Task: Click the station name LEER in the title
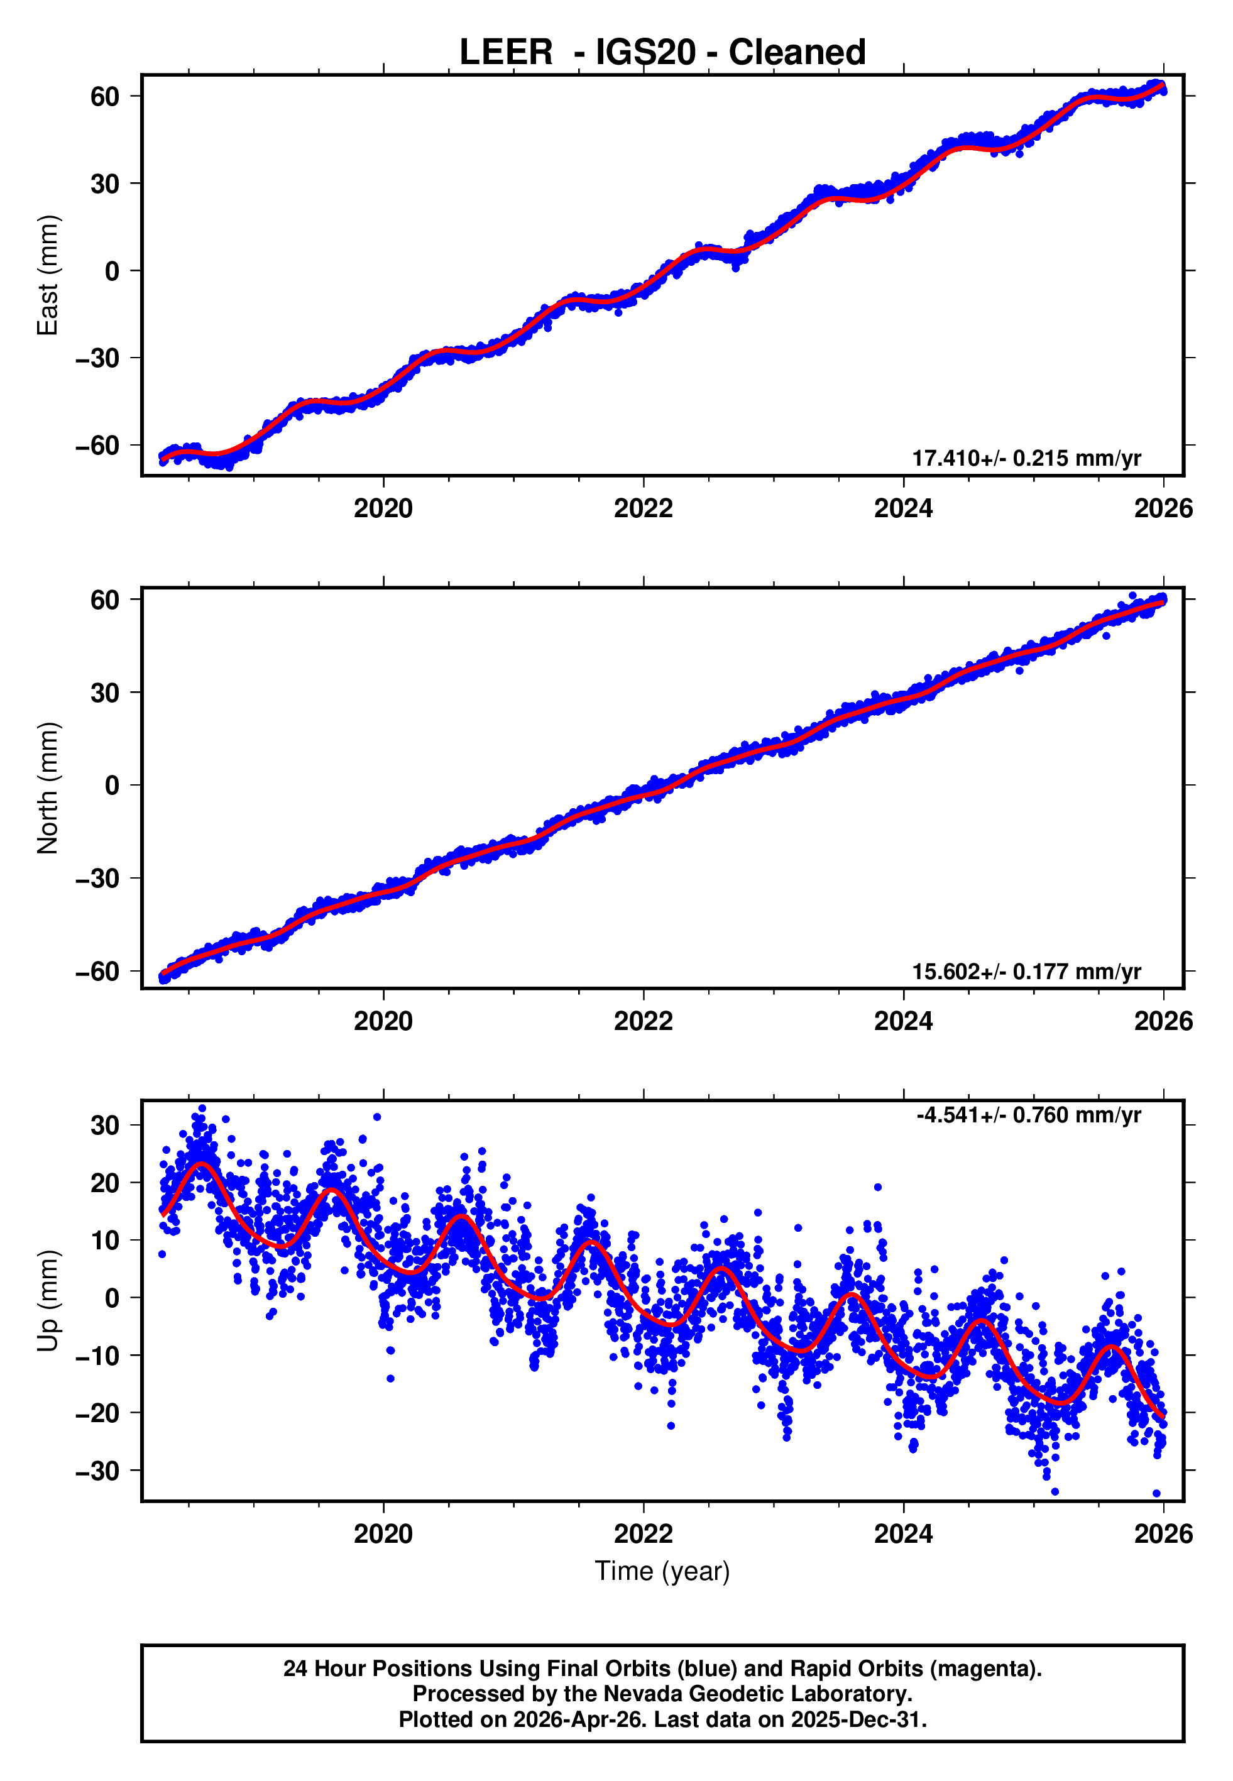(x=506, y=53)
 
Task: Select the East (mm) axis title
(x=48, y=275)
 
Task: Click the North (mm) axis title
(x=48, y=788)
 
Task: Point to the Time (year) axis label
(x=662, y=1571)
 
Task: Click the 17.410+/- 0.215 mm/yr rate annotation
(x=1026, y=458)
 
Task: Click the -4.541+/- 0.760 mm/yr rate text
(x=1028, y=1115)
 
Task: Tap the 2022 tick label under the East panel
(x=643, y=508)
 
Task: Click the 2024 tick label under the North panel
(x=903, y=1021)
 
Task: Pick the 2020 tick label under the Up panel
(x=383, y=1534)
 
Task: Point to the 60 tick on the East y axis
(x=104, y=97)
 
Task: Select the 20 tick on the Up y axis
(x=104, y=1183)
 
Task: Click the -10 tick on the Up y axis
(x=97, y=1356)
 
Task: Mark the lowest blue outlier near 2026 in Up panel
(x=1156, y=1494)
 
